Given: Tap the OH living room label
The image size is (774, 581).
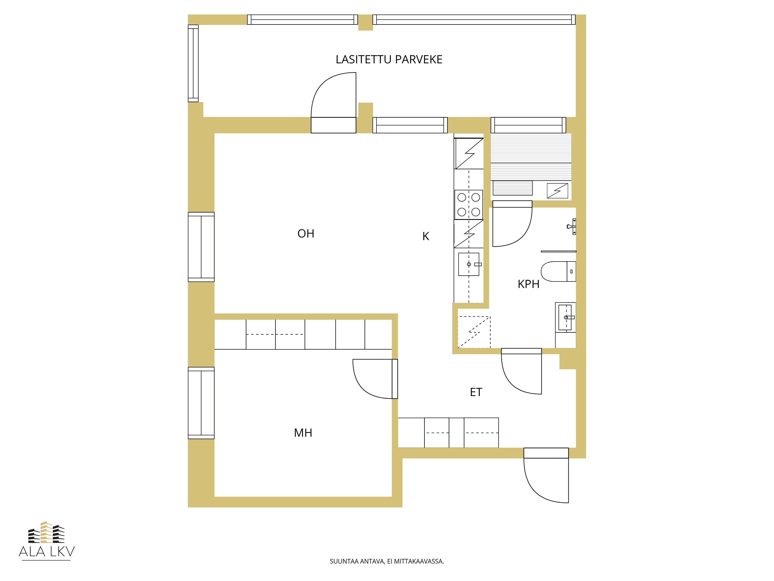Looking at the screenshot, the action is pyautogui.click(x=306, y=234).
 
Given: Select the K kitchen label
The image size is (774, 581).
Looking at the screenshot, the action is pyautogui.click(x=426, y=236).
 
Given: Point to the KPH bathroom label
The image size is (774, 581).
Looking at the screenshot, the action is pyautogui.click(x=528, y=284).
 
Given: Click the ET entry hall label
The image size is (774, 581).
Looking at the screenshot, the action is pyautogui.click(x=476, y=392).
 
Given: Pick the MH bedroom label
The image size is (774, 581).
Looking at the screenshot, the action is pyautogui.click(x=303, y=433).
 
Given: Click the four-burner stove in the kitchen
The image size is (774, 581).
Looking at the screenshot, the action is pyautogui.click(x=468, y=205).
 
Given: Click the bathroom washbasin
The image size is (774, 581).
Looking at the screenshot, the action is pyautogui.click(x=565, y=317).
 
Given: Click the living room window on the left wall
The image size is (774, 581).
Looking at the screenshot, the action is pyautogui.click(x=201, y=247).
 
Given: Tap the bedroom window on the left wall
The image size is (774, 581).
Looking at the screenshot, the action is pyautogui.click(x=201, y=403).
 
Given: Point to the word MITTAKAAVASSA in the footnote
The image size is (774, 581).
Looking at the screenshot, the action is pyautogui.click(x=419, y=571).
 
